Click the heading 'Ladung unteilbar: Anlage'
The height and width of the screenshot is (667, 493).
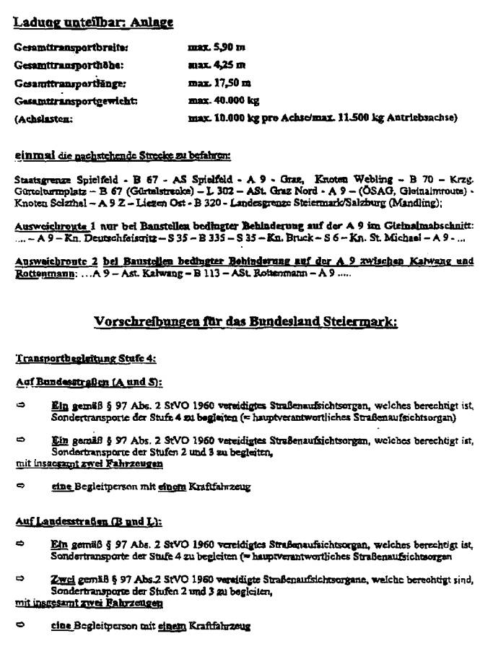(93, 22)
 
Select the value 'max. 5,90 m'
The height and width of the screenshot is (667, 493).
(216, 48)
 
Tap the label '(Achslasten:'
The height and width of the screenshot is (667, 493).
(43, 118)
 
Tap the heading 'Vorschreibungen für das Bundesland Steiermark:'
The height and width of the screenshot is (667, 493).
(245, 322)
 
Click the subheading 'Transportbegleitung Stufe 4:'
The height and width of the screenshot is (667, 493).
(85, 359)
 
